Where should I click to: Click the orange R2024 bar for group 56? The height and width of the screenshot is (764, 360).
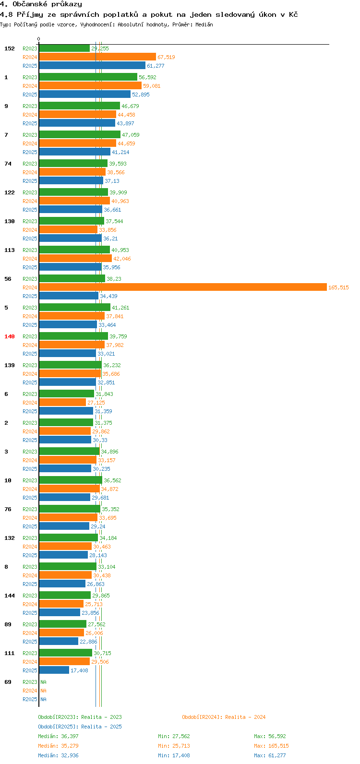(182, 287)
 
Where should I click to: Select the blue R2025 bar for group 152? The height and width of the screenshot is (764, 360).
(92, 65)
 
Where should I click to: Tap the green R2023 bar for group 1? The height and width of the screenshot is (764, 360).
(88, 77)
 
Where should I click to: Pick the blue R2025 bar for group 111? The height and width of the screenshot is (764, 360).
(54, 670)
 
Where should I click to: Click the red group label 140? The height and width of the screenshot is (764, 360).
(10, 336)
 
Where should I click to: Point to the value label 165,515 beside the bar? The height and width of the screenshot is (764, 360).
(338, 287)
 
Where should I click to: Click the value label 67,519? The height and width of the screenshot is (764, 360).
(166, 57)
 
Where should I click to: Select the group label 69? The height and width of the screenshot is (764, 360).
(8, 682)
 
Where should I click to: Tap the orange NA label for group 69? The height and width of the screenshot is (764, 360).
(43, 691)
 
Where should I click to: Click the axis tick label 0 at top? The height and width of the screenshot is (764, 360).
(39, 39)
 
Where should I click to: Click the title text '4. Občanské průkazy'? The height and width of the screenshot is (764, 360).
(41, 4)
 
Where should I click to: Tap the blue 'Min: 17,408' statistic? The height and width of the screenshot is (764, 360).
(174, 755)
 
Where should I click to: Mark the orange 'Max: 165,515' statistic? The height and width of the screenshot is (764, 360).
(271, 746)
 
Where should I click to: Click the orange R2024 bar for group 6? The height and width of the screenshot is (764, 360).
(62, 402)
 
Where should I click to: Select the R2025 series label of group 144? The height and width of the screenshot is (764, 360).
(30, 613)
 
